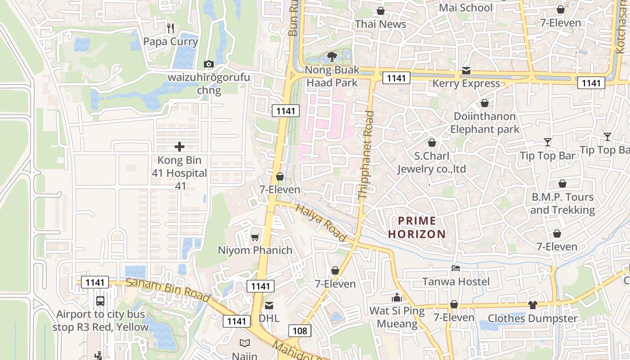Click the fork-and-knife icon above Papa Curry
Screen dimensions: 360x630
point(170,28)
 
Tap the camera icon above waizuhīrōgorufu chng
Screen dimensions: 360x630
point(208,64)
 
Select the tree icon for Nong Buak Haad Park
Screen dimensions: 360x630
point(332,57)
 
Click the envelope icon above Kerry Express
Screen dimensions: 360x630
point(466,71)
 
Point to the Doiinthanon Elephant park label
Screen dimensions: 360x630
point(485,123)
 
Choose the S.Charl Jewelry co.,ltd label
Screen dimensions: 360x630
point(432,163)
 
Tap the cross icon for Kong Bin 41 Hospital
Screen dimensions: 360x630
point(180,147)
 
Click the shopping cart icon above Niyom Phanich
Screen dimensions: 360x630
point(255,237)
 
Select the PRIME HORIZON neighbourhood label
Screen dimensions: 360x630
point(417,227)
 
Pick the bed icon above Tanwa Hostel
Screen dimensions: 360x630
point(456,269)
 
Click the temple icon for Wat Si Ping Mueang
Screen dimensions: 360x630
point(397,298)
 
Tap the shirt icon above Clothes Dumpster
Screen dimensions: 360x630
point(533,305)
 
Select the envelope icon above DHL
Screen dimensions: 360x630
point(269,306)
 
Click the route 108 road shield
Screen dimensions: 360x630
point(300,331)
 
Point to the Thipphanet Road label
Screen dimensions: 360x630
point(366,155)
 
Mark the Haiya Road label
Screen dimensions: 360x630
point(321,222)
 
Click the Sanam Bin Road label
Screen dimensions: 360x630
point(168,290)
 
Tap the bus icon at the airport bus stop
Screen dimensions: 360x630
point(100,301)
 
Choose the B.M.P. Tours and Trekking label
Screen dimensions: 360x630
point(562,203)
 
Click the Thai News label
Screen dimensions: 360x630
point(381,24)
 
